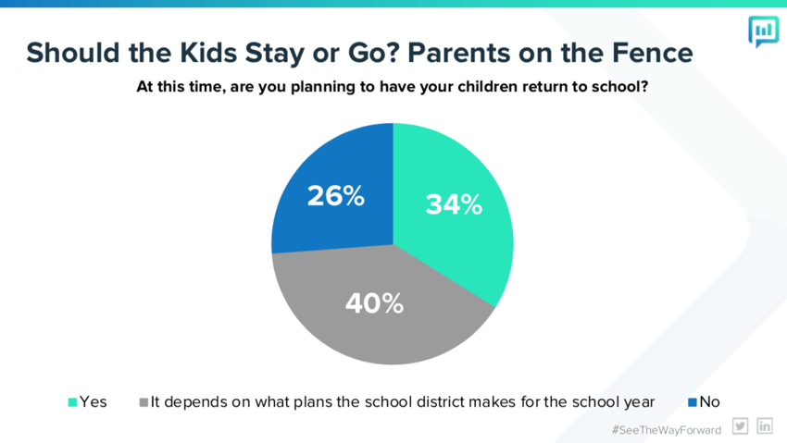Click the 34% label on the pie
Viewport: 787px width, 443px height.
coord(454,204)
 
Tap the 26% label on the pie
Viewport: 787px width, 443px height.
coord(336,195)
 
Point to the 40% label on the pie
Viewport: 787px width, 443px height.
coord(374,303)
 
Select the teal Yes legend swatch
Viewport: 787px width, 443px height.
coord(73,402)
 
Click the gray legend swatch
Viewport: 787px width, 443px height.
coord(144,402)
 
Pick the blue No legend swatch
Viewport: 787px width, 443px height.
coord(693,402)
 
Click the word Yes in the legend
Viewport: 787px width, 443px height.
coord(94,402)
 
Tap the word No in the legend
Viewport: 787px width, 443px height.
coord(710,402)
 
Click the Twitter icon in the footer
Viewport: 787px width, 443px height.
coord(741,426)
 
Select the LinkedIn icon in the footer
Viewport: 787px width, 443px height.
coord(765,426)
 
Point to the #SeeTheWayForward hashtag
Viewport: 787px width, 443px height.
coord(667,430)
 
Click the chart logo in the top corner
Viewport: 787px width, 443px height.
coord(764,31)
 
